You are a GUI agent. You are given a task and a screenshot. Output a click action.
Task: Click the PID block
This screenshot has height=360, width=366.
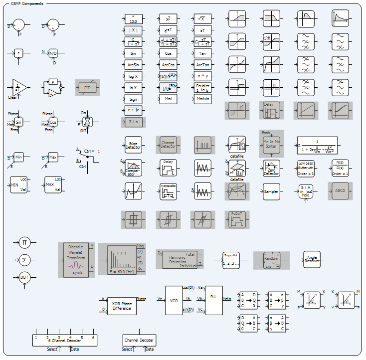(88, 88)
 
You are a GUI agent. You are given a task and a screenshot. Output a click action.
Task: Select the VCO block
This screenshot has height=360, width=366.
(174, 301)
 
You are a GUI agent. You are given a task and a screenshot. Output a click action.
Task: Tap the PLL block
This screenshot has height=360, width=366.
(214, 301)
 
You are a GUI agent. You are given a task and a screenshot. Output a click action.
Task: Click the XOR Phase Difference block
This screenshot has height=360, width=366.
(122, 306)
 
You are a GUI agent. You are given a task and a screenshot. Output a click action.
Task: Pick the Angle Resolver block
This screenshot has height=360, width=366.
(312, 259)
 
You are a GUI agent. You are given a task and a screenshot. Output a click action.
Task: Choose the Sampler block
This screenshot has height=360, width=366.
(272, 191)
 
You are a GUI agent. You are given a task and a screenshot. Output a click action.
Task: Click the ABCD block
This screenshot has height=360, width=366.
(341, 191)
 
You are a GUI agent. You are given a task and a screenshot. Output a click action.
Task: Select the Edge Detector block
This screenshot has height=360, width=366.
(133, 145)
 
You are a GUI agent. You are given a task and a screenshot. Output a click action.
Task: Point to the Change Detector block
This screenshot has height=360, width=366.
(168, 145)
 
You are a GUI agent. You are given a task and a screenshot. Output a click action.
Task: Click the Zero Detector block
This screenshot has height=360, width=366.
(272, 168)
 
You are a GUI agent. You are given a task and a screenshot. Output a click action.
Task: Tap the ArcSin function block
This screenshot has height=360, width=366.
(133, 64)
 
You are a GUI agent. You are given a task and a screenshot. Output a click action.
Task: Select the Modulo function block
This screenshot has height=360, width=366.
(203, 99)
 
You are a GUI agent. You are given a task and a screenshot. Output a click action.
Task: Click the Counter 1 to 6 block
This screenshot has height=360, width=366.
(203, 88)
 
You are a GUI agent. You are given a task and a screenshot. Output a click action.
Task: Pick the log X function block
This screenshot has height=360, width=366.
(133, 76)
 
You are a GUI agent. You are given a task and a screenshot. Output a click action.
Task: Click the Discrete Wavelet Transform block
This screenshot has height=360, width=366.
(75, 260)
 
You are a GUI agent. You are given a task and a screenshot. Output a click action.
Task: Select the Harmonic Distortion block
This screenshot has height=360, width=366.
(177, 259)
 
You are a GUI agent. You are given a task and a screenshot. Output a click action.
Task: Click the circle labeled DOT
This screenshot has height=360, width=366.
(24, 277)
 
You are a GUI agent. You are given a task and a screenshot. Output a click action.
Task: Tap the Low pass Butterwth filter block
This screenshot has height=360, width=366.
(306, 168)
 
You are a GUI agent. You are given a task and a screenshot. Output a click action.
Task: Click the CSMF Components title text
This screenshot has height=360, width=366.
(27, 3)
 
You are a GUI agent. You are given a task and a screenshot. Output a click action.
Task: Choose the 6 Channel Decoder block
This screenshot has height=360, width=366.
(65, 340)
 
